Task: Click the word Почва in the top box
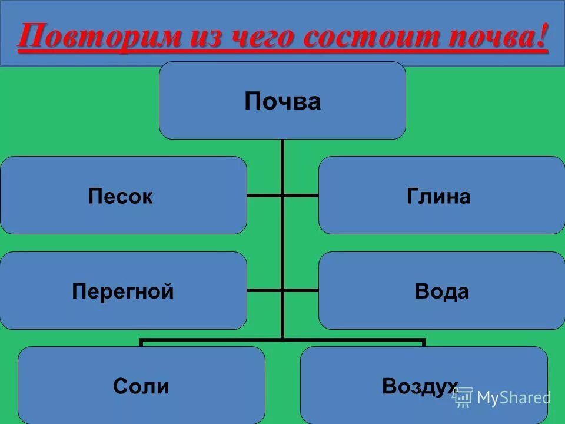[282, 102]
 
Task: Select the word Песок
[121, 197]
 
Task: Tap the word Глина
[438, 197]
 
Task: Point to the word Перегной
[123, 291]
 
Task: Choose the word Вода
[442, 291]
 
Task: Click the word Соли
[141, 386]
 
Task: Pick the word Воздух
[420, 386]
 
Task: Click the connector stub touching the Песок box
[264, 195]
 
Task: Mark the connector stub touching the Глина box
[301, 195]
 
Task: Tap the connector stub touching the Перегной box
[264, 290]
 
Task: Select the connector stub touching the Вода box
[301, 290]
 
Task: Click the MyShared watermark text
[514, 397]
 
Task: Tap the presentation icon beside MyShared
[463, 397]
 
